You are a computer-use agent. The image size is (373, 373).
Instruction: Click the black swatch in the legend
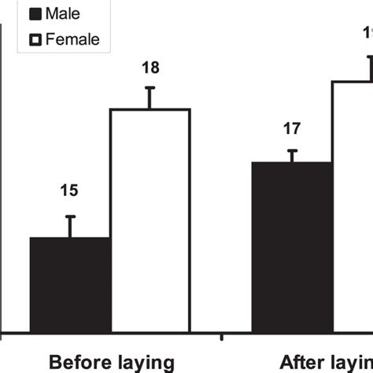coord(35,14)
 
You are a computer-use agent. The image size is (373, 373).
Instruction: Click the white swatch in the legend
coord(35,39)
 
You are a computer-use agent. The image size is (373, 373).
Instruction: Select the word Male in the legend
coord(62,14)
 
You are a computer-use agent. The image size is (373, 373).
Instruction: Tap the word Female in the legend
coord(73,39)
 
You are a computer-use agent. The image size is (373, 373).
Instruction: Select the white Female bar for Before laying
coord(150,220)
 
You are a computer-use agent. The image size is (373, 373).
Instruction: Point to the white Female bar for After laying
coord(353,205)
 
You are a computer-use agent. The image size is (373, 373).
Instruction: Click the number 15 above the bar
coord(70,190)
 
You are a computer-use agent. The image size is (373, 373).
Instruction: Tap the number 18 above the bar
coord(150,68)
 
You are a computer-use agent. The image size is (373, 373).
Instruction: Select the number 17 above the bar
coord(291,126)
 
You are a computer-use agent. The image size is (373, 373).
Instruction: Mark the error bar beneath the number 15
coord(70,226)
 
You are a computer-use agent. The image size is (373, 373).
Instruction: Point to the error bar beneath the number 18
coord(150,97)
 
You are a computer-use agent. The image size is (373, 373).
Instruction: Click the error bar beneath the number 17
coord(291,155)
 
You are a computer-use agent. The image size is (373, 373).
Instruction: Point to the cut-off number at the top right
coord(367,32)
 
